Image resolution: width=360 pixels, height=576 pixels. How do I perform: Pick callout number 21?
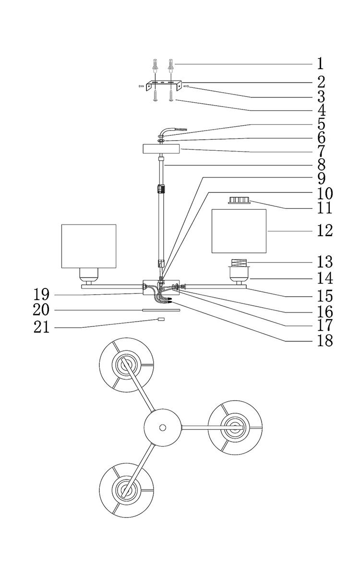(x=42, y=327)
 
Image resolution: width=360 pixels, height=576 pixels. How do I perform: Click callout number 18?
(x=324, y=341)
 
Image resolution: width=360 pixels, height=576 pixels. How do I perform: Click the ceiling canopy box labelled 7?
(x=161, y=149)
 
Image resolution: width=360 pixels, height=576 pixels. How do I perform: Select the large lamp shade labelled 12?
(x=239, y=231)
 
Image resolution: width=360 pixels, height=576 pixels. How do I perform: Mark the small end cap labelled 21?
(x=161, y=319)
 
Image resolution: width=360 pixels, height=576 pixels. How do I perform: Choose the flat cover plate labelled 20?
(x=161, y=311)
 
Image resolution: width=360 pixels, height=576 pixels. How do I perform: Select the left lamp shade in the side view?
(x=89, y=246)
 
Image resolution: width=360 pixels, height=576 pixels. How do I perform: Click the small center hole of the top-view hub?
(x=163, y=427)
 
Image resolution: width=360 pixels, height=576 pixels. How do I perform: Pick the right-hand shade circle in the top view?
(x=235, y=427)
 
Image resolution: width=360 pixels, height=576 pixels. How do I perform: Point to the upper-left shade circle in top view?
(x=126, y=365)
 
